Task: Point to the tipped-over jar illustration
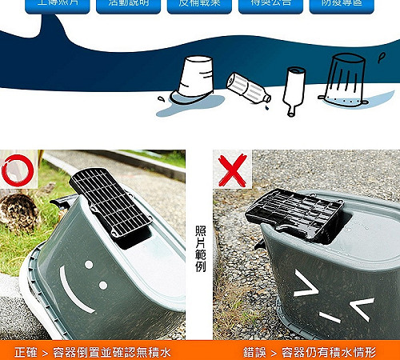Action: coord(249,87)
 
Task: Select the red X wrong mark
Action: coord(232,170)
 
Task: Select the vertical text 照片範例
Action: coord(200,248)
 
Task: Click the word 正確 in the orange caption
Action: coord(26,352)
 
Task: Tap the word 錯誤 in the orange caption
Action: coord(255,352)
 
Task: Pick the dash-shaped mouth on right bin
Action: coord(330,317)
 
